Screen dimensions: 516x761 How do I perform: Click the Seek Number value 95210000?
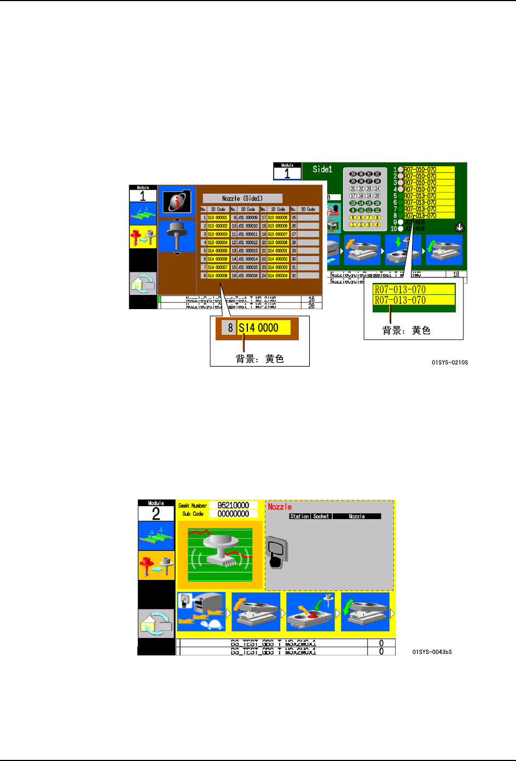(x=233, y=506)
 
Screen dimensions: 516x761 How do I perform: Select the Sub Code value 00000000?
(x=233, y=514)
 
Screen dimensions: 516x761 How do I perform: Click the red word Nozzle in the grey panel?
(x=280, y=507)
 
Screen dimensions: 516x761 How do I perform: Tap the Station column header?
(x=299, y=516)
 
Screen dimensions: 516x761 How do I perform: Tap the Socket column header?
(x=321, y=516)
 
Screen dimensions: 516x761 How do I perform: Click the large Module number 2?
(x=156, y=514)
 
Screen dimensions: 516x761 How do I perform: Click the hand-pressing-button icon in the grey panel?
(x=276, y=553)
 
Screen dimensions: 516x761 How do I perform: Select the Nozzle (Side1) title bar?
(x=242, y=199)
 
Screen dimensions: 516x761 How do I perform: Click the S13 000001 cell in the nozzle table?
(x=218, y=218)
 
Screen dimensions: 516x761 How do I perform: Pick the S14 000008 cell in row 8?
(x=218, y=276)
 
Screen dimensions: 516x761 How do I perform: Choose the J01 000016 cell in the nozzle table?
(x=247, y=276)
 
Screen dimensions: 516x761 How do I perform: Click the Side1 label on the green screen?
(x=322, y=170)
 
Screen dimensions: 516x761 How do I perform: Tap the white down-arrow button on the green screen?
(x=460, y=227)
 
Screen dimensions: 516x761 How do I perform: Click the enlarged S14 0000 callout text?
(x=259, y=328)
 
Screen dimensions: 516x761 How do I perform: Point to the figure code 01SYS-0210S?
(x=450, y=362)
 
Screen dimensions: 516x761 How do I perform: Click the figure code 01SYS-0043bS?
(x=432, y=652)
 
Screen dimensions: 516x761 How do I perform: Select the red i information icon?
(x=176, y=201)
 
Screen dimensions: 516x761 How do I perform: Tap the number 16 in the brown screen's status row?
(x=311, y=299)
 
